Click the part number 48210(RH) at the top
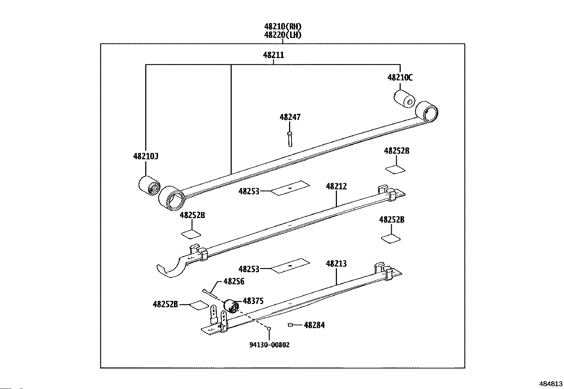(283, 26)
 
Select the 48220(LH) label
(283, 35)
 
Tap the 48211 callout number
(273, 55)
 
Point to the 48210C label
(400, 77)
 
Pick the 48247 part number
(290, 117)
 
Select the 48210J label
(146, 156)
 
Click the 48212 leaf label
(336, 186)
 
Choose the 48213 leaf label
(336, 264)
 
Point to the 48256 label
(234, 281)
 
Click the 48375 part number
(253, 301)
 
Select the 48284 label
(314, 325)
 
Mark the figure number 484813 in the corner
(551, 384)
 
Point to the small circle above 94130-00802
(269, 329)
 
